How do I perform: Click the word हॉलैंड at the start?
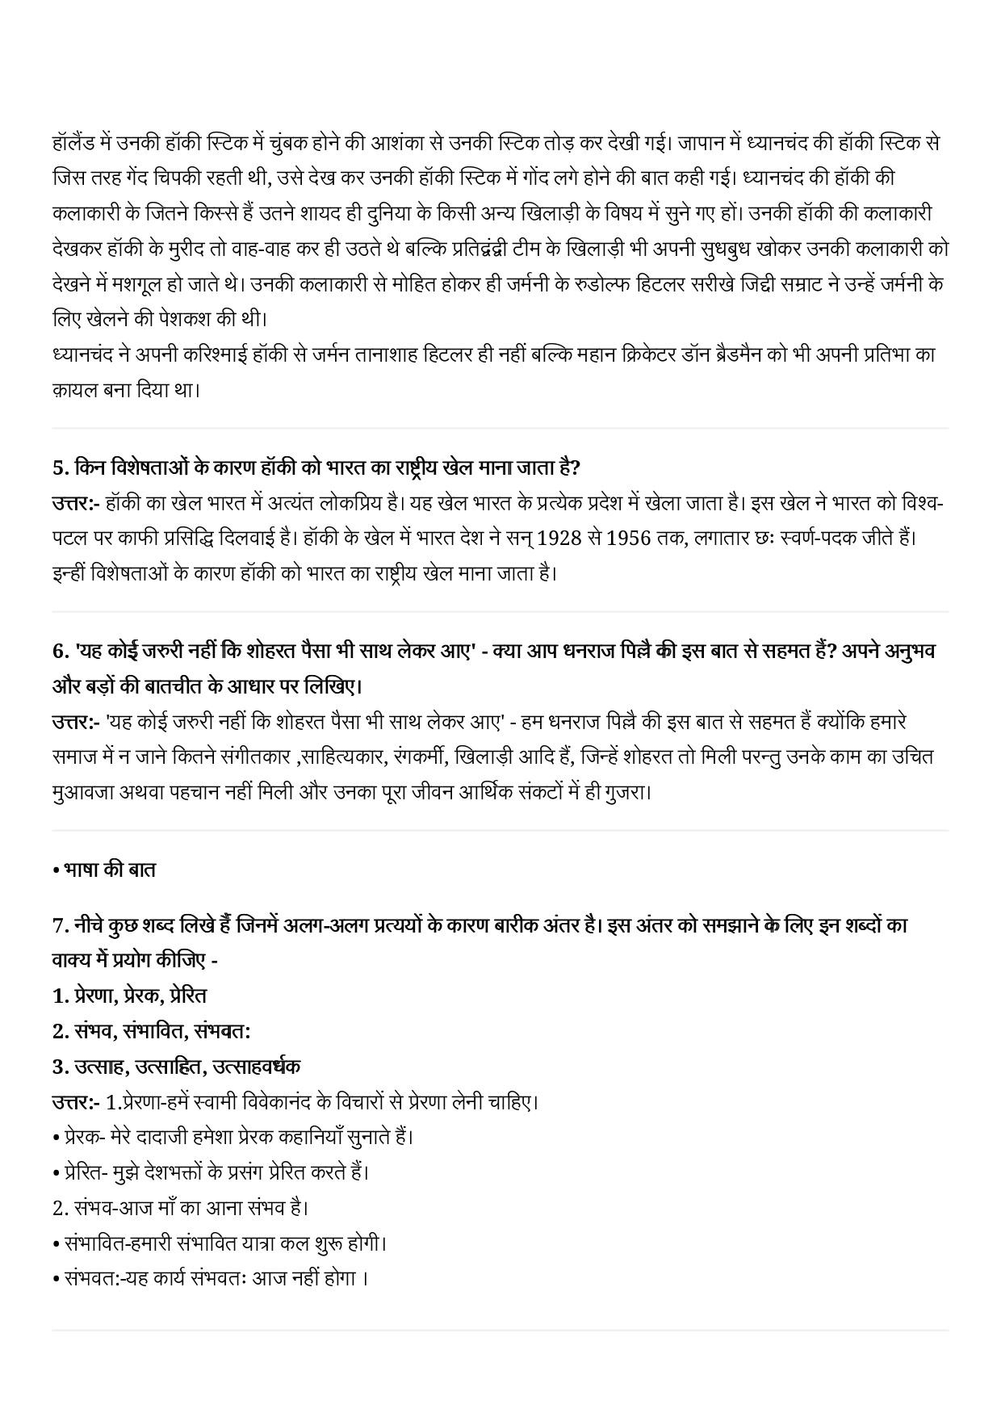point(73,144)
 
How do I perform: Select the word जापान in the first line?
point(705,144)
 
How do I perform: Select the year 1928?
point(559,538)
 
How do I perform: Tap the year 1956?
point(629,538)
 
